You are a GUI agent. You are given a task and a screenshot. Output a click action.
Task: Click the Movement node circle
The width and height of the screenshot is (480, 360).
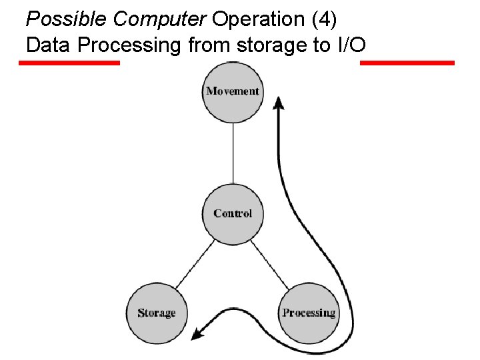[233, 91]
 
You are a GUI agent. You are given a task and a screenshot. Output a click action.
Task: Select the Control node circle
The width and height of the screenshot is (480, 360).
[233, 213]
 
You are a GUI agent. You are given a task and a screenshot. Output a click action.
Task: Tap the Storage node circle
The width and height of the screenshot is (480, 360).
[157, 313]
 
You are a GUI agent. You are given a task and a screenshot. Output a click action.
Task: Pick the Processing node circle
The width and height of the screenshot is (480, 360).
[309, 313]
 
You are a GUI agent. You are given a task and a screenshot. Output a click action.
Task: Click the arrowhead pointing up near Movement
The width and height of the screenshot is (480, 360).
[279, 104]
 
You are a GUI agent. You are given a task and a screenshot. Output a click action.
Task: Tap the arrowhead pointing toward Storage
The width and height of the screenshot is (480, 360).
[197, 333]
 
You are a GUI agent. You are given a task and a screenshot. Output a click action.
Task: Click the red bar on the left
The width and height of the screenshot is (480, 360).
[69, 63]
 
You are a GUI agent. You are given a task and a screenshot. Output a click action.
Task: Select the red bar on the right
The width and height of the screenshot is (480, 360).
[407, 63]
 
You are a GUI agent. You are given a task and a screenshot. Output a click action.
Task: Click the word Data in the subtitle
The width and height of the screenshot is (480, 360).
[47, 45]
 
